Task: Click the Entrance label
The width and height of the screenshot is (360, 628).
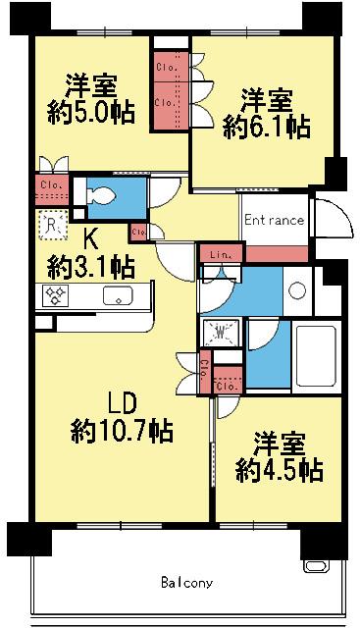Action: point(275,221)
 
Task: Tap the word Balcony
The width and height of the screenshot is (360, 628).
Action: point(186,583)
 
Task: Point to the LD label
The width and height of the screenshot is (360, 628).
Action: point(121,402)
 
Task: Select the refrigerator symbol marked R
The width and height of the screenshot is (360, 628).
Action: point(53,225)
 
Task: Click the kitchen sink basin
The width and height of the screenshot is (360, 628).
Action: point(120,295)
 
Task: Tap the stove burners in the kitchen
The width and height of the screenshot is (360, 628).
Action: point(56,295)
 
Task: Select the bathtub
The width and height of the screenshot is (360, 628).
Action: point(316,354)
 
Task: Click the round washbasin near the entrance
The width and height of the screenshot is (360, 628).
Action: point(296,290)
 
